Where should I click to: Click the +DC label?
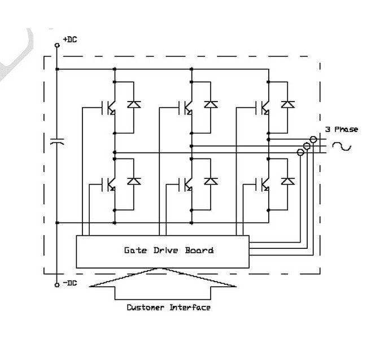[70, 39]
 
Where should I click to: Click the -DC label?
[69, 283]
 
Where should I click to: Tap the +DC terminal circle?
[57, 45]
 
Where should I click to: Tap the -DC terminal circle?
[57, 285]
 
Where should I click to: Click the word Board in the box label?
[199, 250]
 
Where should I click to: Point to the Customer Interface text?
[168, 308]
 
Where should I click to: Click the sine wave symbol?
[341, 146]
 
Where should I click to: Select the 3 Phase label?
[341, 129]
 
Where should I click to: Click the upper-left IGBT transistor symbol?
[109, 107]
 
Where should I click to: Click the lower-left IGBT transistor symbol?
[109, 185]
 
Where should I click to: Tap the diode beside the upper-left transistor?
[134, 104]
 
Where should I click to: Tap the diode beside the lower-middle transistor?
[211, 182]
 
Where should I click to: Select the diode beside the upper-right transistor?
[288, 104]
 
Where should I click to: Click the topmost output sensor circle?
[313, 139]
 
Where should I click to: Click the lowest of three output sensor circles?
[300, 152]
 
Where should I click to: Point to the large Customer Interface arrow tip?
[163, 270]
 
